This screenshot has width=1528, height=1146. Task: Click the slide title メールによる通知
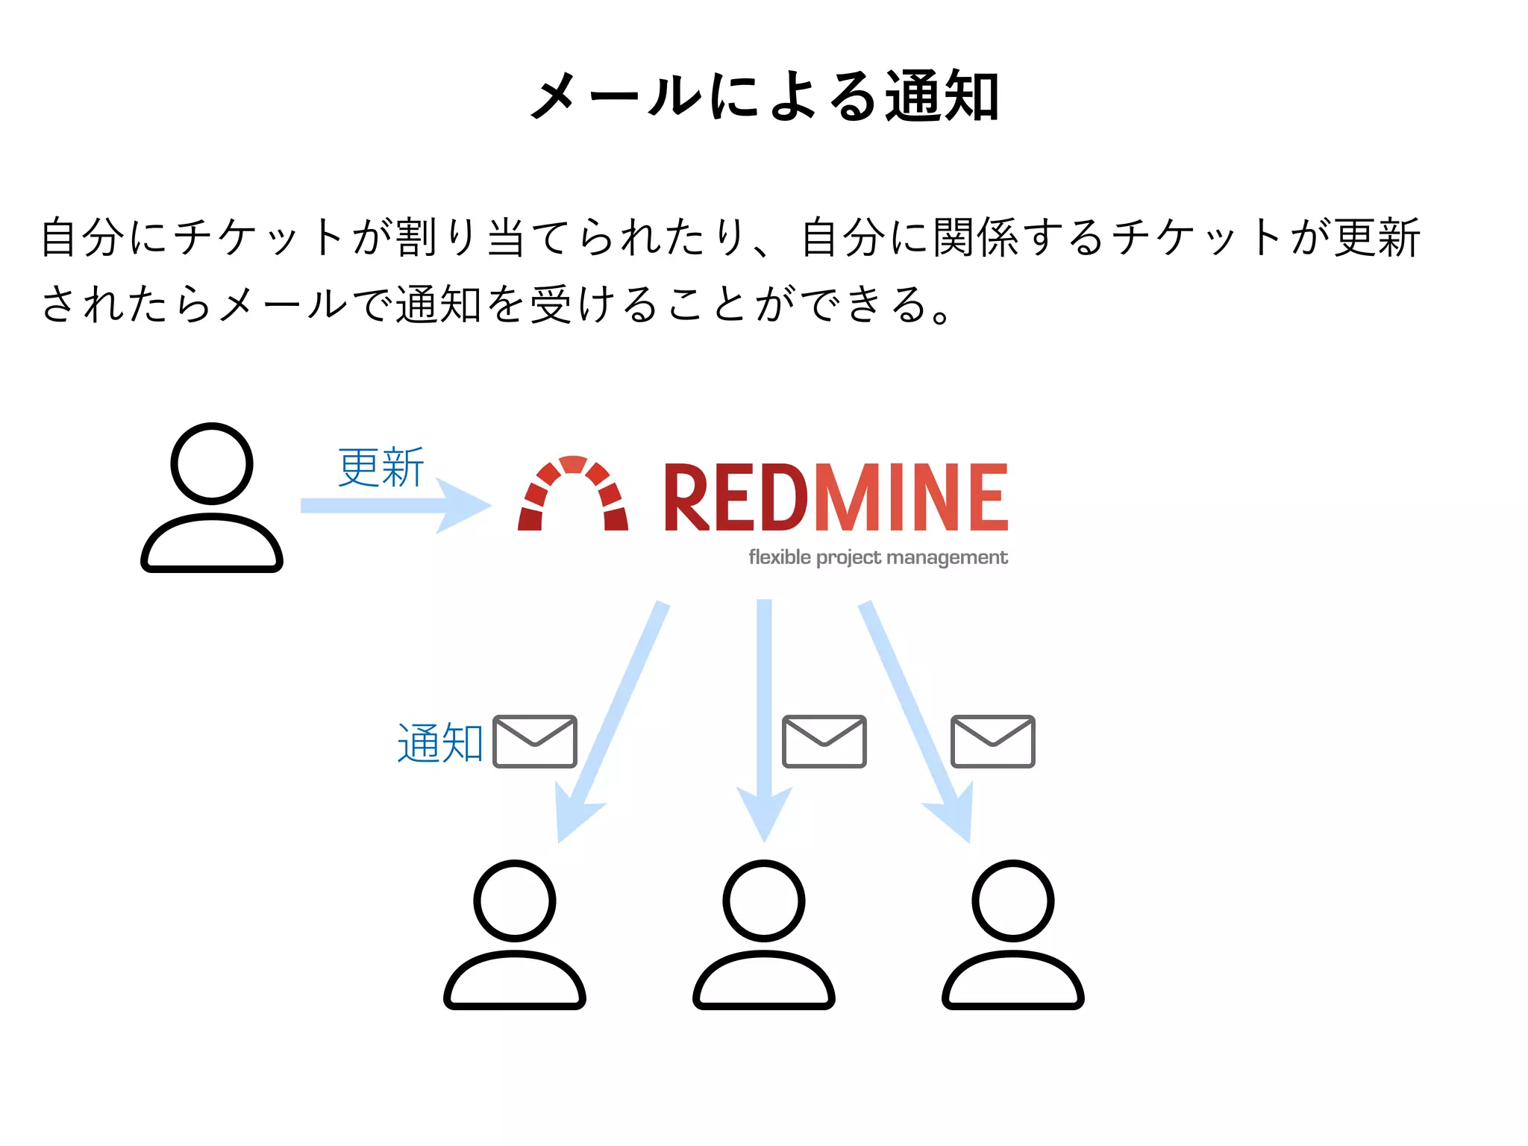764,96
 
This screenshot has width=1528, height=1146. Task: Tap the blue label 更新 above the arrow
381,468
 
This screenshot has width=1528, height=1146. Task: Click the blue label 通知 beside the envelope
440,743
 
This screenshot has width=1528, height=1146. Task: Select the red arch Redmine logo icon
573,494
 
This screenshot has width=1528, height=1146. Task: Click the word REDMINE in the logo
836,498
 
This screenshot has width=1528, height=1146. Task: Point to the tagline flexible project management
878,557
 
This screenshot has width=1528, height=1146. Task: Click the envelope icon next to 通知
535,742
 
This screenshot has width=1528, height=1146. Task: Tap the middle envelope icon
824,742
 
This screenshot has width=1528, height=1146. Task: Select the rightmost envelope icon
992,742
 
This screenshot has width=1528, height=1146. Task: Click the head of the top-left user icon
212,463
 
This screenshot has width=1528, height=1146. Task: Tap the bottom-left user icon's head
515,901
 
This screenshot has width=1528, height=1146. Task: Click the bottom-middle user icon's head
764,901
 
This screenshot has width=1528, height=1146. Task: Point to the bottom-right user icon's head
1013,901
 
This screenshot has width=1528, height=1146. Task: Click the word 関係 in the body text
977,238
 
